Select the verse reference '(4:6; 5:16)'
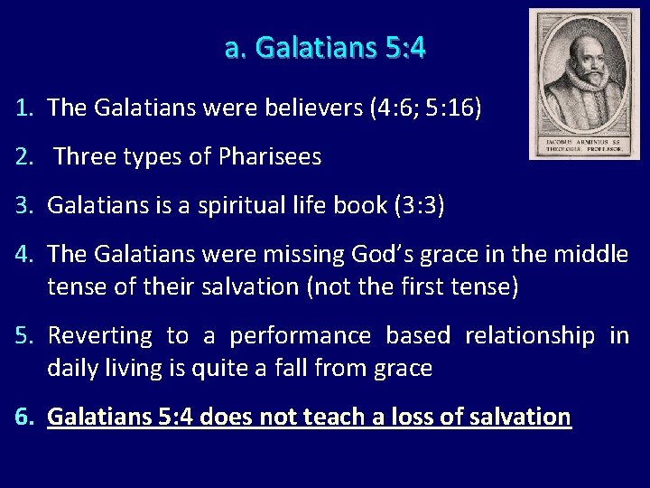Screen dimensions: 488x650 (x=426, y=108)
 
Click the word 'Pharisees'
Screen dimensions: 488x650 (x=270, y=157)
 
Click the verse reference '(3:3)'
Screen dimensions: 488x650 (x=420, y=206)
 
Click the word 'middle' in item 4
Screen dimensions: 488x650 (x=590, y=256)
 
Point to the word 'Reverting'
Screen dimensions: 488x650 (x=99, y=336)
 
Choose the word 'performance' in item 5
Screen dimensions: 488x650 (x=300, y=336)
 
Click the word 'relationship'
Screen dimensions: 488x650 (x=530, y=336)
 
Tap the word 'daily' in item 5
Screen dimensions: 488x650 (x=71, y=368)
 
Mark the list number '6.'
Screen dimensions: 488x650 (x=25, y=418)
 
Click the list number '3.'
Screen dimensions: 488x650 (x=25, y=206)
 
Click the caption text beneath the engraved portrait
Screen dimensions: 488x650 (x=584, y=145)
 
